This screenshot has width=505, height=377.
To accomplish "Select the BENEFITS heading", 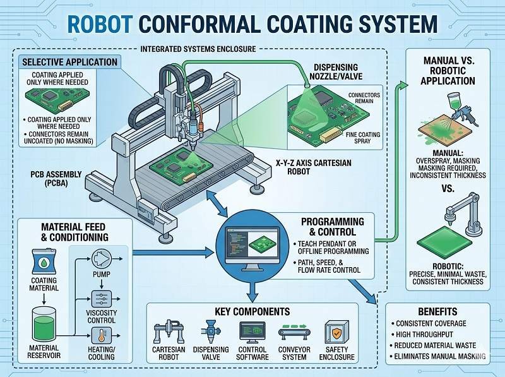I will (x=433, y=312).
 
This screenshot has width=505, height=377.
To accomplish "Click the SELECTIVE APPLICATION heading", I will (x=69, y=62).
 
